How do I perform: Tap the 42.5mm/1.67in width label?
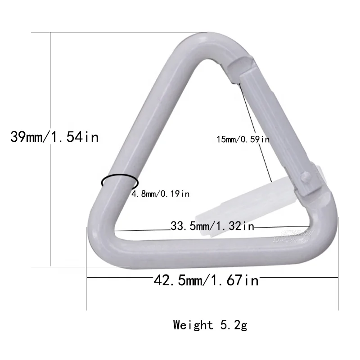[x=207, y=281]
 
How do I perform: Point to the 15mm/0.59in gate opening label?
[x=243, y=139]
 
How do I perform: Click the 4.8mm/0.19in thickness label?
[x=160, y=194]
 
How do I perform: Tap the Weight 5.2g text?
[x=210, y=324]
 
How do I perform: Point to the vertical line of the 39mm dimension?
[x=50, y=202]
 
